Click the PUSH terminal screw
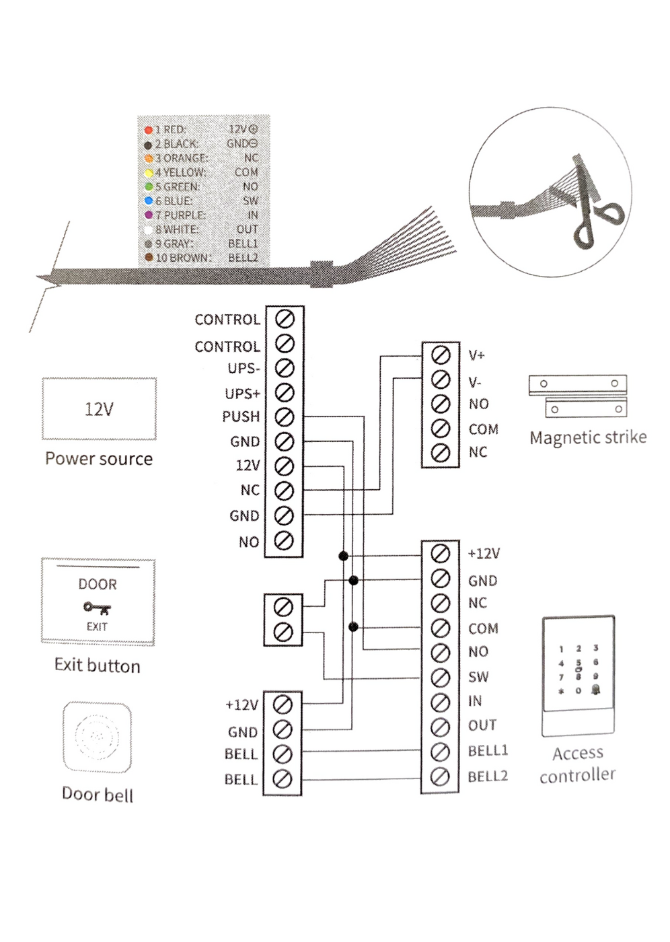[285, 416]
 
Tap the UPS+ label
[242, 393]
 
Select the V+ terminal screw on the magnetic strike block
[440, 355]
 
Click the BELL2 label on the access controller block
[488, 776]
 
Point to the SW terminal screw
[440, 677]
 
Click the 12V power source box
[99, 409]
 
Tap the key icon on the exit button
[97, 608]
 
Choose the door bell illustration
[98, 737]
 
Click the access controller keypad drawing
[577, 676]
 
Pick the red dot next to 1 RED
[149, 129]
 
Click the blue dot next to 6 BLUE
[149, 201]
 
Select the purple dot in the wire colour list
[149, 215]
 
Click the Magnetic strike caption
[587, 437]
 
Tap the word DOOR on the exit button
[98, 584]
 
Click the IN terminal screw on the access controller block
[440, 702]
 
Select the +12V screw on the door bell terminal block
[283, 704]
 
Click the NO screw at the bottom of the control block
[285, 540]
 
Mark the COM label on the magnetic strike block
[483, 429]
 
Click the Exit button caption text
[98, 665]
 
